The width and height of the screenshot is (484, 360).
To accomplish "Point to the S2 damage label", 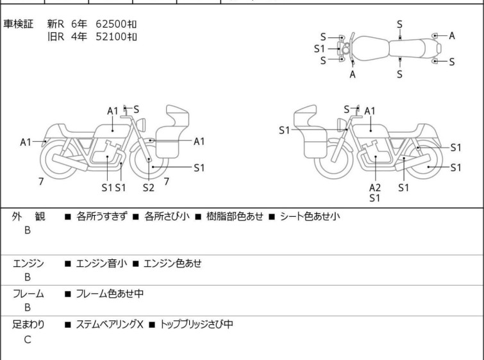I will click(149, 187).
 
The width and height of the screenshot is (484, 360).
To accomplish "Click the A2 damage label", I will click(375, 187).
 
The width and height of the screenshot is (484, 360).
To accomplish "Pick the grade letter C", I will click(28, 340).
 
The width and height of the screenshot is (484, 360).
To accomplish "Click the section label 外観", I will click(28, 216).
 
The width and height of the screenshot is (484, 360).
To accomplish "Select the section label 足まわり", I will click(28, 325).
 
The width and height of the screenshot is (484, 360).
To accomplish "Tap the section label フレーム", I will click(28, 294).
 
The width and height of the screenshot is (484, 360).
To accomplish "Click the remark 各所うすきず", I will click(101, 216).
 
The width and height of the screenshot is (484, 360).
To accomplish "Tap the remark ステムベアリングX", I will click(109, 325).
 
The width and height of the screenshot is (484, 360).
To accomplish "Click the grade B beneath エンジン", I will click(28, 278).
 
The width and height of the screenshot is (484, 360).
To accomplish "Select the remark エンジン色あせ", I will click(174, 262).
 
